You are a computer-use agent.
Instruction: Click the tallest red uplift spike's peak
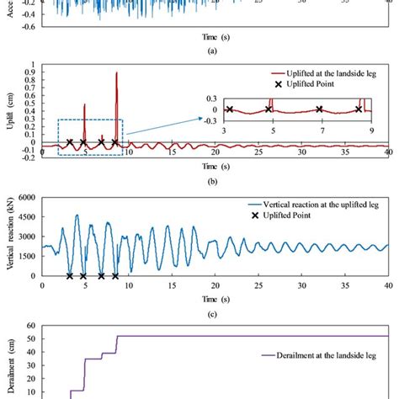click(116, 73)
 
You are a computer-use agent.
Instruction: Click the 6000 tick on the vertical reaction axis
click(26, 198)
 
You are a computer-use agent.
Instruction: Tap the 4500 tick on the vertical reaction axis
click(26, 217)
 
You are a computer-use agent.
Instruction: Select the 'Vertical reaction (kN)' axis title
click(9, 237)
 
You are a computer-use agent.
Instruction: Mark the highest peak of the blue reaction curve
click(77, 215)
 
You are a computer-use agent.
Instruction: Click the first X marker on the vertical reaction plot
click(69, 275)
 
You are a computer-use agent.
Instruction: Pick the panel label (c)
click(208, 313)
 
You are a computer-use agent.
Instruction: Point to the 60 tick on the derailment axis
click(30, 325)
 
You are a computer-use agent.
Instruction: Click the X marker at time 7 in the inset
click(319, 109)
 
